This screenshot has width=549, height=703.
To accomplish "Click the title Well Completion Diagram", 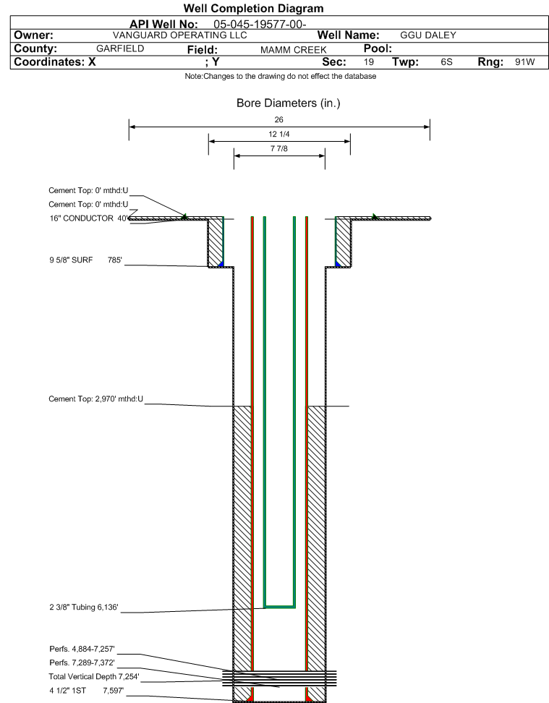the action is pos(253,9).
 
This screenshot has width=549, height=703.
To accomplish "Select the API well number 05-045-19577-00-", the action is pos(260,24).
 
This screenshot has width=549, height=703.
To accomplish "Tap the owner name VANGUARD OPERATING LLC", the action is pos(180,35).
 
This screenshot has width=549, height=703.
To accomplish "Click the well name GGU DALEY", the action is pos(428,35).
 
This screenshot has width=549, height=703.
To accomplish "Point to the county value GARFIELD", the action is pos(120,48).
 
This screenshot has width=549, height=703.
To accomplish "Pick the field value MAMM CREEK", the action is pos(294,50).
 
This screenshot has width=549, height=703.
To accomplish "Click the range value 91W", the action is pos(525,62).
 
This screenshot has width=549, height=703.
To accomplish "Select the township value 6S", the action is pos(447,62).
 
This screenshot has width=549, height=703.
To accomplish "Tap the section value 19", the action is pos(369,62).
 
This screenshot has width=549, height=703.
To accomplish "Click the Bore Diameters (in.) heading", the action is pos(289,103).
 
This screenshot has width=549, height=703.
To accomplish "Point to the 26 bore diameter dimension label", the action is pos(279,120).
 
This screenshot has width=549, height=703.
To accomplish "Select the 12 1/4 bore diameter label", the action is pos(279,134).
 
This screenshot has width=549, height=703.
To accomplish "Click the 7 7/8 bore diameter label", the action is pos(279,148).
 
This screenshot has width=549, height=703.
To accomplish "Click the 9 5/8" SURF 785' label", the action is pos(85,260).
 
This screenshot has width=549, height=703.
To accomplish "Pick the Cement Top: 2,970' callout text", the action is pos(96,399).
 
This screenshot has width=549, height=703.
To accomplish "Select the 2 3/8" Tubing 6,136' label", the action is pos(84,607).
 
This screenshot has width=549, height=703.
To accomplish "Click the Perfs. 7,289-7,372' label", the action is pos(82,662).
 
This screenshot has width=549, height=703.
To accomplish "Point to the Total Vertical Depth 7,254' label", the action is pos(94,676).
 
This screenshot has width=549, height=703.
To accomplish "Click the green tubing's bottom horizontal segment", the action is pos(279,607).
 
